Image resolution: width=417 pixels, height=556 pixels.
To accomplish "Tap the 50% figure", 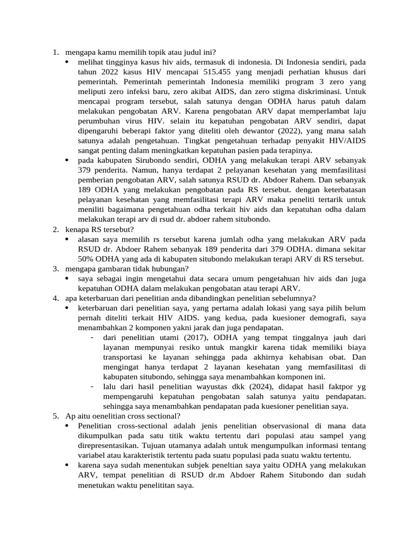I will click(x=87, y=259).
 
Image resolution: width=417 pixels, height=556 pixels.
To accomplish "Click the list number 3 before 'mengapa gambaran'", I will click(x=55, y=269).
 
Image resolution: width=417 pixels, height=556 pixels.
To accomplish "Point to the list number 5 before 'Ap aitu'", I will click(x=55, y=416).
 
